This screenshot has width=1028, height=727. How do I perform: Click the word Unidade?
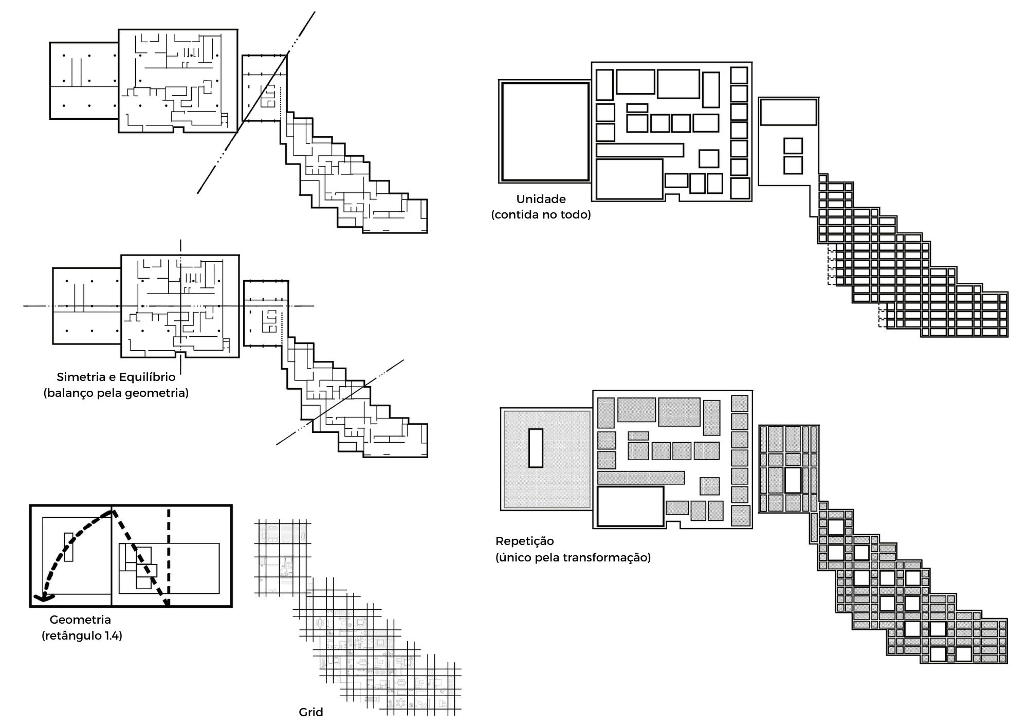tap(541, 199)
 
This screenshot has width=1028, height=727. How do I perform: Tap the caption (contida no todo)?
tap(541, 214)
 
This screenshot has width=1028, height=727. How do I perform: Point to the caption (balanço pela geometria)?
tap(116, 393)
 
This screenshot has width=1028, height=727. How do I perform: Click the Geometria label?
tap(80, 620)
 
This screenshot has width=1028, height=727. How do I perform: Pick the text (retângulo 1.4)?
tap(82, 635)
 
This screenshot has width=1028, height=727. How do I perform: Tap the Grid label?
tap(310, 712)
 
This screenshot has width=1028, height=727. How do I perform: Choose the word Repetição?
tap(524, 541)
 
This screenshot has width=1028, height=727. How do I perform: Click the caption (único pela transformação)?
tap(573, 557)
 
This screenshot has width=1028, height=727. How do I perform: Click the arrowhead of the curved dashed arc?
tap(42, 597)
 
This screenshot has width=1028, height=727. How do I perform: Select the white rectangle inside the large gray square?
tap(536, 448)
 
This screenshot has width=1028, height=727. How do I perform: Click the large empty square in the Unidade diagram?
tap(545, 132)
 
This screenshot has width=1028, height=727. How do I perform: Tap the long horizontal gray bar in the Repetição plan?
tap(640, 478)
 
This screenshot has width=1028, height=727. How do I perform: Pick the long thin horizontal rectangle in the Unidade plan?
tap(639, 150)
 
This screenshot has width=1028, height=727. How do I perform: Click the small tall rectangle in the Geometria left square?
tap(68, 547)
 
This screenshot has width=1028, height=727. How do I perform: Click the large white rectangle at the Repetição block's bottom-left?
tap(630, 506)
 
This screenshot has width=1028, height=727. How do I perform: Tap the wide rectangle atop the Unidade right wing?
tap(788, 113)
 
